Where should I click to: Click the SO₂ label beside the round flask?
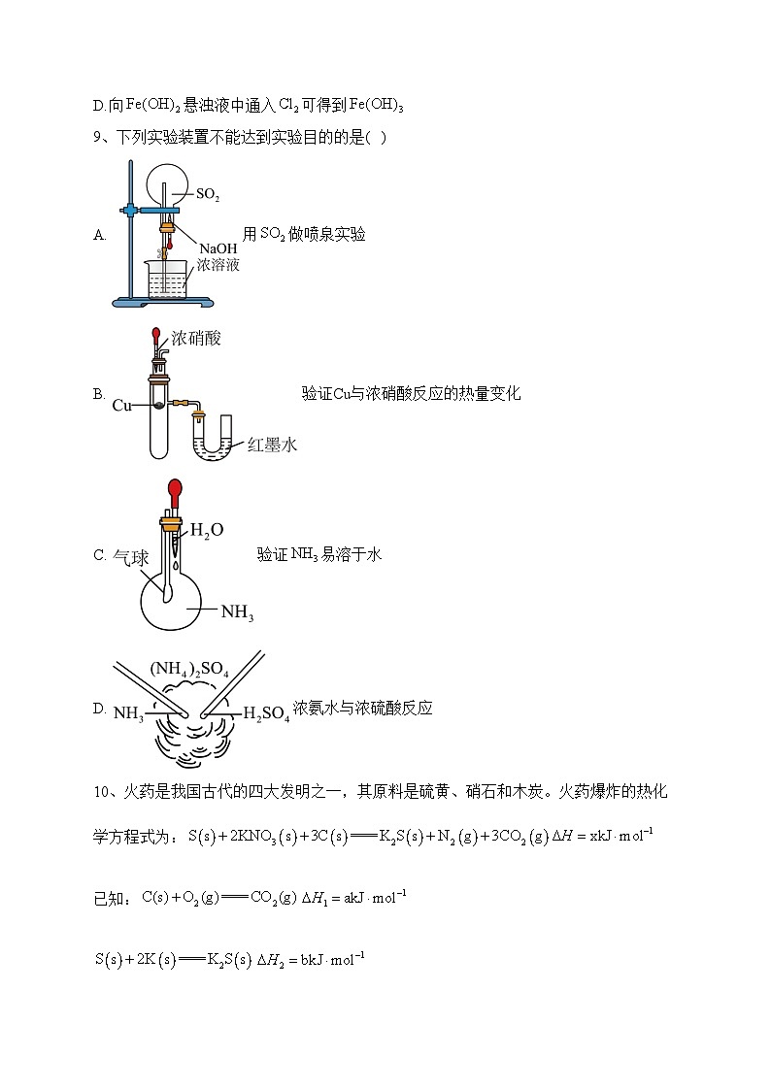point(208,195)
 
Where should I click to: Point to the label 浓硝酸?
point(196,339)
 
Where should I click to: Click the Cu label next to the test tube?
point(121,405)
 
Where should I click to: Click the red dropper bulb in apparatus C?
point(176,489)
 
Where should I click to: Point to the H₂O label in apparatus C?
point(206,530)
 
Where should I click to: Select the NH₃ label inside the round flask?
point(237,612)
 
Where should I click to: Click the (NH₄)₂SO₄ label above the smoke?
point(189,669)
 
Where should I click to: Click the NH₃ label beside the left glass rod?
point(128,714)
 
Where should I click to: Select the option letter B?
point(98,394)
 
